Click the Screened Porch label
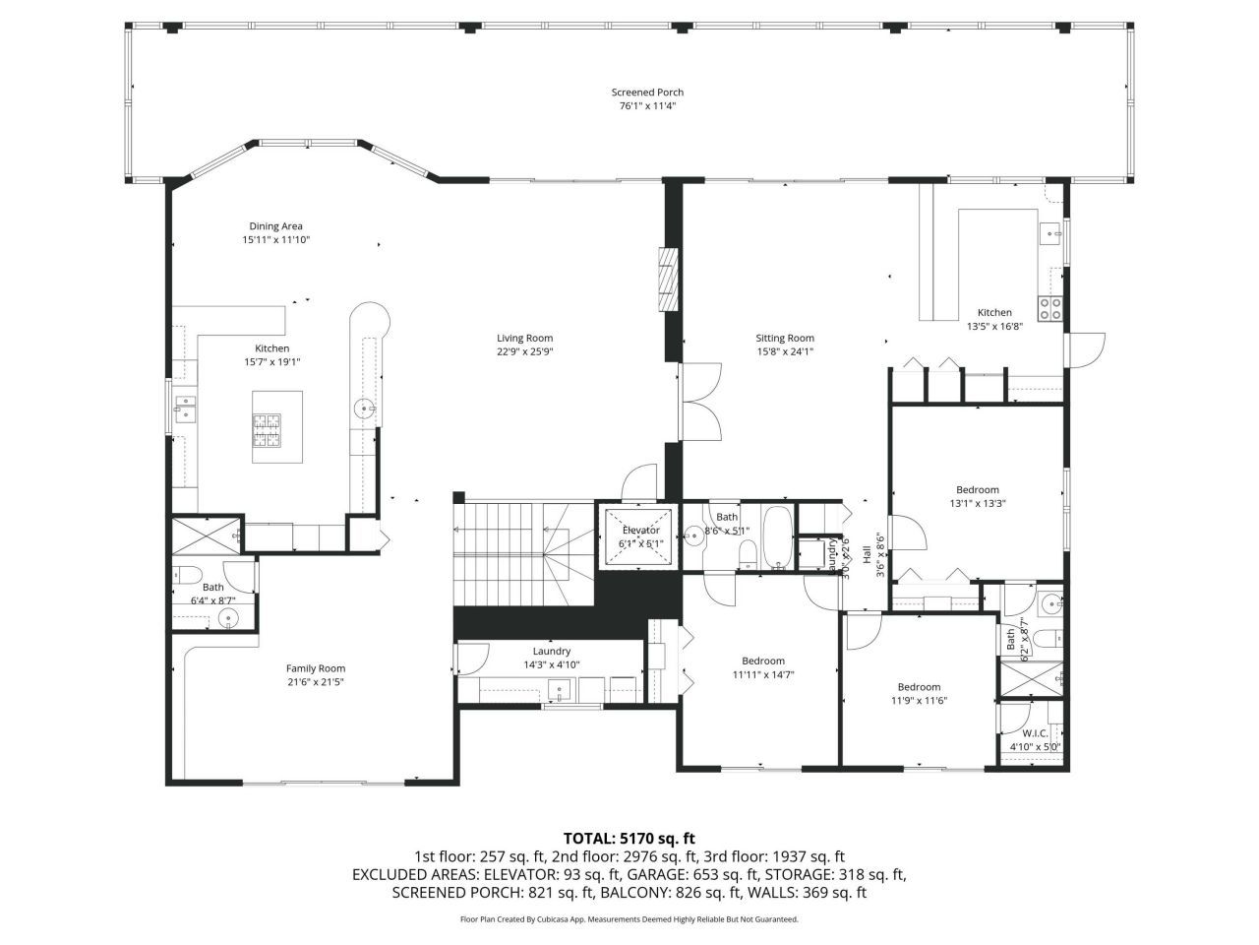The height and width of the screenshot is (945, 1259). tap(646, 93)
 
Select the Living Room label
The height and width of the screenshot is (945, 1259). tap(524, 339)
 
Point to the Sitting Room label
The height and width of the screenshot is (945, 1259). tap(785, 339)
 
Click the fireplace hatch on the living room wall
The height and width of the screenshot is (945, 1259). tap(669, 280)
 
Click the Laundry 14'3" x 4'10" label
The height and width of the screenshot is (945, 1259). tap(552, 658)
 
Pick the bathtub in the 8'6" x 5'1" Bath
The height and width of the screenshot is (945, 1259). tap(778, 538)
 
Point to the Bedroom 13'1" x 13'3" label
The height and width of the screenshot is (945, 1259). tap(977, 496)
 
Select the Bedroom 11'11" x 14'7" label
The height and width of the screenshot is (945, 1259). tap(762, 667)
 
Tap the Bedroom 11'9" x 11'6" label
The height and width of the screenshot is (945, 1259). tap(919, 694)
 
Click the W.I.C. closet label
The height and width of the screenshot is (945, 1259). tap(1034, 733)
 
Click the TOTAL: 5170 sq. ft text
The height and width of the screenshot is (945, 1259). tap(629, 839)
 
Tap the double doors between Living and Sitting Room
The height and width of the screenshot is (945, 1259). tap(700, 402)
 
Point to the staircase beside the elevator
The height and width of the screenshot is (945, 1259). tap(523, 556)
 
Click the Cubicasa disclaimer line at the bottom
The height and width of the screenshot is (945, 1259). tap(629, 919)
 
